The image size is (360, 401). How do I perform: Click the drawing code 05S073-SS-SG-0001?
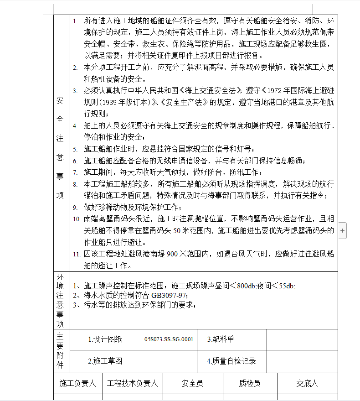pos(169,339)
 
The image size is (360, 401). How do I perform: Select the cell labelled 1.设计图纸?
pos(105,339)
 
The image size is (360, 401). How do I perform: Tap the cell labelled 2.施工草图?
pos(105,361)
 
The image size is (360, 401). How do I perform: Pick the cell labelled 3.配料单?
pos(221,339)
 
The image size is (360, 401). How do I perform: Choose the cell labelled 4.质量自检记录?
pos(231,361)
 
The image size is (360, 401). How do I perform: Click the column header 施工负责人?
pos(78,384)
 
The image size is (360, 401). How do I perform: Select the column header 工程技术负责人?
pos(132,384)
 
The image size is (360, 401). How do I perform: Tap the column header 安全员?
pos(192,384)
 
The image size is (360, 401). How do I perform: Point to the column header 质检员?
pos(250,384)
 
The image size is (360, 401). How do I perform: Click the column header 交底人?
pos(307,384)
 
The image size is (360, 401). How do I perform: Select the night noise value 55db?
pos(287,286)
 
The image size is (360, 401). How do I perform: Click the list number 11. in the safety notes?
pos(77,255)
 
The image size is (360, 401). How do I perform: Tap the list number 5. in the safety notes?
pos(76,149)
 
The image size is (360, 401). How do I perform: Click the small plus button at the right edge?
pos(342,230)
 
